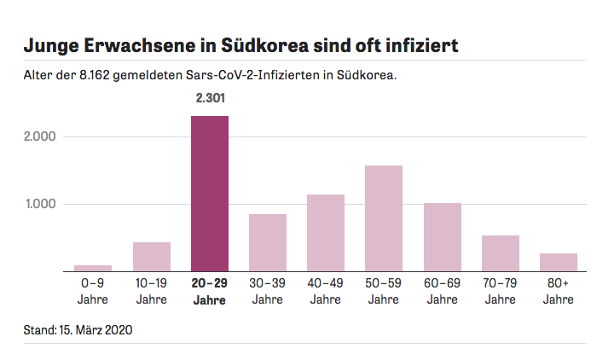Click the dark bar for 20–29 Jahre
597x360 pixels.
pos(210,194)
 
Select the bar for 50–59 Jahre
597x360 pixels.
pos(384,218)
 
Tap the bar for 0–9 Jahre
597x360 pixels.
pos(93,268)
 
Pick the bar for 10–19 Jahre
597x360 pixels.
pos(152,257)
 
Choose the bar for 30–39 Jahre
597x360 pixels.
pos(268,242)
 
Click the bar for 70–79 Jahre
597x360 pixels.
pos(501,253)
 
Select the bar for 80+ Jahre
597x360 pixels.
pos(559,262)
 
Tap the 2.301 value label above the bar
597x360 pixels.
pos(210,99)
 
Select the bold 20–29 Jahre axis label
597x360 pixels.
pos(210,292)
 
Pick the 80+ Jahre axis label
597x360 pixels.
pos(559,292)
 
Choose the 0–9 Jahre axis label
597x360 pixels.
pos(93,292)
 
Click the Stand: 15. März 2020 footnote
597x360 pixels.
pos(78,328)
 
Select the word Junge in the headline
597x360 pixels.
pos(53,45)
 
